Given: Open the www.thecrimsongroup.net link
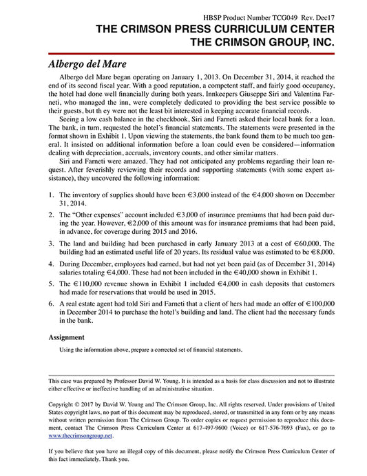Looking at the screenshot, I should coord(81,436).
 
